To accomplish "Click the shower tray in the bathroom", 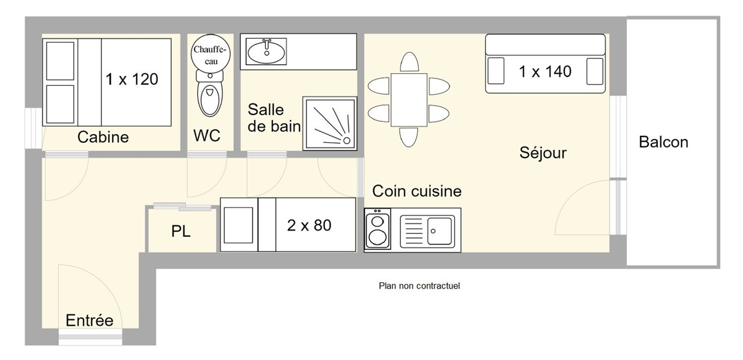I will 329,123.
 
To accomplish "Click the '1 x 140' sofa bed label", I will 545,71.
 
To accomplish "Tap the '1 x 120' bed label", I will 132,79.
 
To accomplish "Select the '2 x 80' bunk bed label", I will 309,225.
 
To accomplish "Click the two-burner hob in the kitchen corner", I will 377,230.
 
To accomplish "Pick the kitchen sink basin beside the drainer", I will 441,230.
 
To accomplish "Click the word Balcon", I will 663,142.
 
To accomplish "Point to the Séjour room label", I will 543,153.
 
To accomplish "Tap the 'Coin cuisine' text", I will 417,191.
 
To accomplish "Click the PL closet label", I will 181,232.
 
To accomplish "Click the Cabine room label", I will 103,138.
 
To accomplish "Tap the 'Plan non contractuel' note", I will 419,286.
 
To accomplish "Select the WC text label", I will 207,136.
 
